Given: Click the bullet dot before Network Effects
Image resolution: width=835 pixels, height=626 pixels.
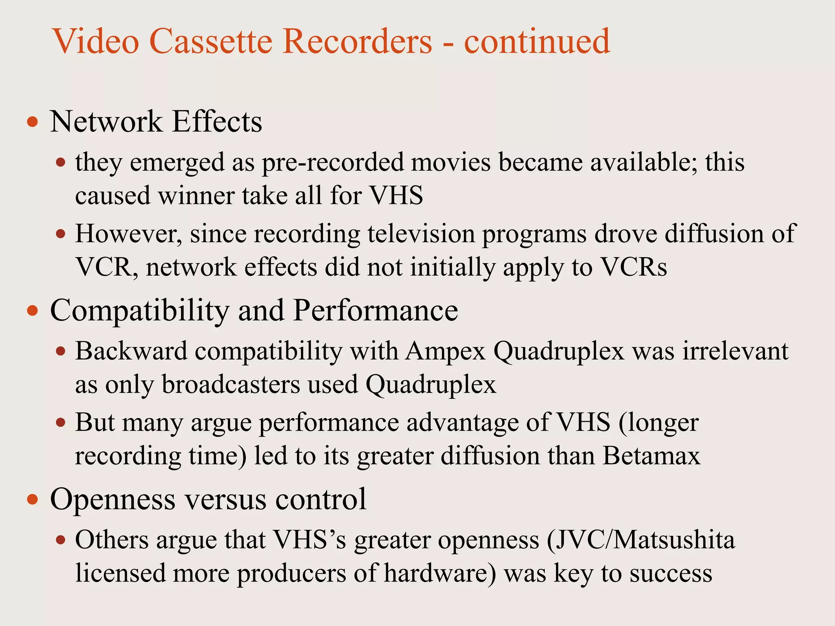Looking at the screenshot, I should point(32,122).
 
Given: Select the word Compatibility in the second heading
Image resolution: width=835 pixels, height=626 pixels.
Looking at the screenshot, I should point(140,311).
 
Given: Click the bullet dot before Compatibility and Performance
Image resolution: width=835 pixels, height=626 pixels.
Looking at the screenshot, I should point(32,311).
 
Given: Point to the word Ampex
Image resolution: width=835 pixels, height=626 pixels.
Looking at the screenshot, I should point(445,351).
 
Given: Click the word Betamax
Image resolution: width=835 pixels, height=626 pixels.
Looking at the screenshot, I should point(651,456).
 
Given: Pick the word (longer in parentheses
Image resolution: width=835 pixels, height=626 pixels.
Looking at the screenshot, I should point(658,423).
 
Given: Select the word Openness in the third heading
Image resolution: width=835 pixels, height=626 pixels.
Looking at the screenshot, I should point(113,499).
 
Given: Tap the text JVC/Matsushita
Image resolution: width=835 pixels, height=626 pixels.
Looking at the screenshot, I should point(641,540).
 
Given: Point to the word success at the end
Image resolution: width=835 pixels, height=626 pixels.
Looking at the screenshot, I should point(671,573).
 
